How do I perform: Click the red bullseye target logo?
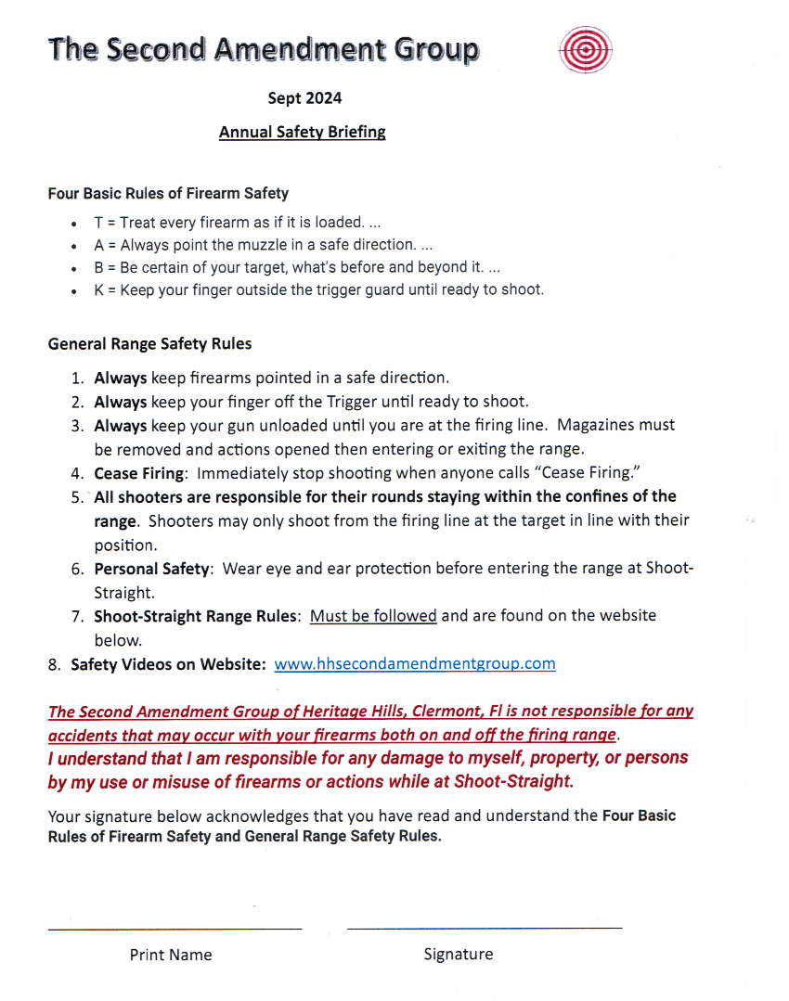tap(586, 50)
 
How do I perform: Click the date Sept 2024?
tap(304, 97)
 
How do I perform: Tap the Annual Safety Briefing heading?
tap(302, 132)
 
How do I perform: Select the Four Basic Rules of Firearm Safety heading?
tap(168, 194)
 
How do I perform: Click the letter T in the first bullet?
tap(98, 224)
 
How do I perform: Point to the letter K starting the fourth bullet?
tap(98, 289)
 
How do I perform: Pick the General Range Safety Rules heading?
tap(149, 343)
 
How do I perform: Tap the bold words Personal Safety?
tap(151, 569)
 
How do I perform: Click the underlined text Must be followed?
tap(373, 615)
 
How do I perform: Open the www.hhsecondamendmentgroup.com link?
tap(415, 663)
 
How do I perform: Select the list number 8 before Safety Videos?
tap(54, 664)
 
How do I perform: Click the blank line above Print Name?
tap(175, 927)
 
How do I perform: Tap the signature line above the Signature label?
tap(484, 927)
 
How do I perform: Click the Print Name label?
tap(171, 955)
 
